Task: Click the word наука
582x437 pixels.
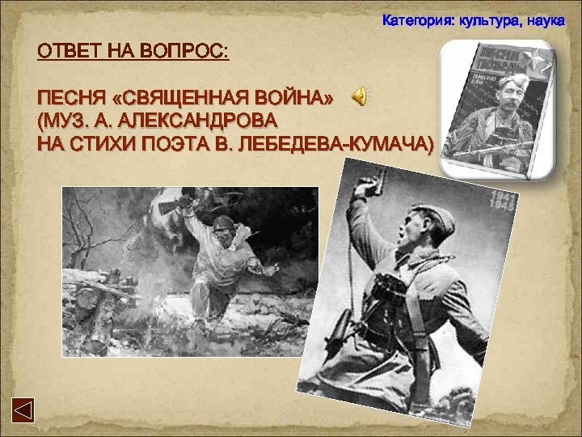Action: click(x=544, y=19)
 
